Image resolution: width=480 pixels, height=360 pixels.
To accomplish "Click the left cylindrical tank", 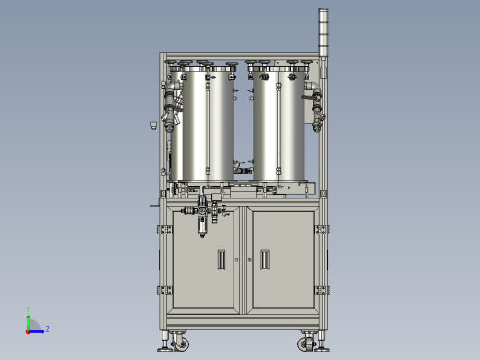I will coord(207,125).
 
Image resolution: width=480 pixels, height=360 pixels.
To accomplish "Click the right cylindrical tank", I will coord(279,125).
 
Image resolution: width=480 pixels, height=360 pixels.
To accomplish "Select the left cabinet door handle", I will coord(220,259).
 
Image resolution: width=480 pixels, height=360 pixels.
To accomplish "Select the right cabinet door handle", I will coord(265,259).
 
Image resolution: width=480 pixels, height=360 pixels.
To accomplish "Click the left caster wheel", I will coord(177,343).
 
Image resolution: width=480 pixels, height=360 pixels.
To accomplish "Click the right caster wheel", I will coord(308,343).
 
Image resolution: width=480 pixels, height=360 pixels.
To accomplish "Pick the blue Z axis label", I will coord(47,328).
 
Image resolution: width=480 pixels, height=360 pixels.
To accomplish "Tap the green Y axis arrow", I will coord(28,318).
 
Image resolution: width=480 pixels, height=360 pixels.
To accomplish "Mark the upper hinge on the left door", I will coord(164,228).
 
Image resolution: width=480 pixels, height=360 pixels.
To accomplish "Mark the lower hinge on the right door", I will coord(320,290).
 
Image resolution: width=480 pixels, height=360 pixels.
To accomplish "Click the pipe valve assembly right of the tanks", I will coord(316,106).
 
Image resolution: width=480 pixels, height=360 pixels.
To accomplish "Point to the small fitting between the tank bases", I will coord(242,169).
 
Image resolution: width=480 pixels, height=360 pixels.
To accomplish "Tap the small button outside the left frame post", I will coord(151,125).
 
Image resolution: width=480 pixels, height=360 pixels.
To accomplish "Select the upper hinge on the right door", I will coord(320,228).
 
